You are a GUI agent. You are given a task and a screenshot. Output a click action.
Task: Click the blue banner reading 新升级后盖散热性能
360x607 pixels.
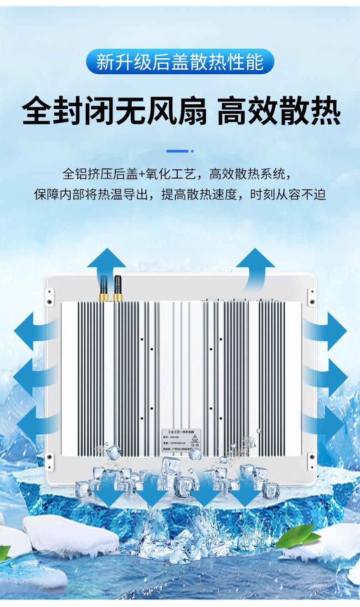tap(180, 62)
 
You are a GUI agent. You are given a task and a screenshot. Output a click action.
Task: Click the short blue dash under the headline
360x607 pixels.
tap(177, 151)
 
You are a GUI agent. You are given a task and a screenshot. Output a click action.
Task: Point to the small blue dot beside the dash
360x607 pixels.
tap(192, 151)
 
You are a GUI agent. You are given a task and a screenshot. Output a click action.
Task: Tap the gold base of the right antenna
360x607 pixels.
tap(118, 297)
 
